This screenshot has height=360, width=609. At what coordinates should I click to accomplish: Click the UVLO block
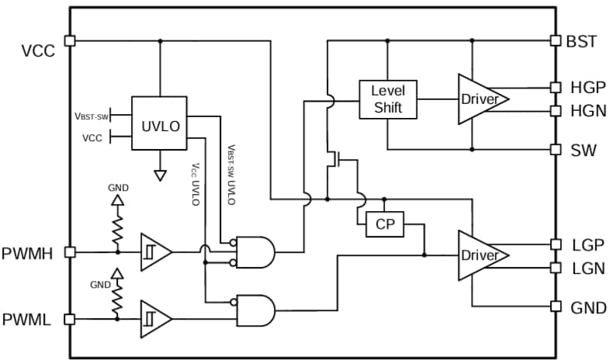coord(159,124)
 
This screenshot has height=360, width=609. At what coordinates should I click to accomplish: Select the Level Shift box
coord(387,99)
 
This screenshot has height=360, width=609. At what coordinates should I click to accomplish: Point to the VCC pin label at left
coord(38,50)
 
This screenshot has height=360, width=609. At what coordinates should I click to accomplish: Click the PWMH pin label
coord(30,252)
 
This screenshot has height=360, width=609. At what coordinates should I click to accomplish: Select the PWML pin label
coord(30,319)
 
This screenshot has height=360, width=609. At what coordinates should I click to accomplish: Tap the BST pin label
coord(582,41)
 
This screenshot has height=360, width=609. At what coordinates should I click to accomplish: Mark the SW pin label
coord(583,150)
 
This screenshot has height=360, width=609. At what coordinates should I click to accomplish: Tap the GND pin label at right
coord(588,307)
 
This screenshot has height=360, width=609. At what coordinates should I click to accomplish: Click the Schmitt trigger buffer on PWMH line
coord(154,252)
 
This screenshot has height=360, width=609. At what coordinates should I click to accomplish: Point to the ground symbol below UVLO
coord(160,175)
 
